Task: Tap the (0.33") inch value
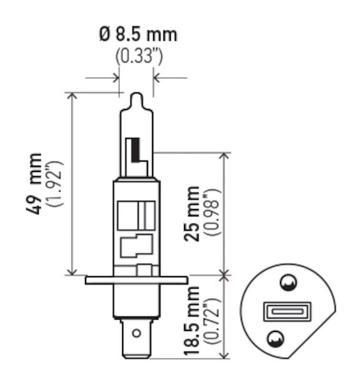138,57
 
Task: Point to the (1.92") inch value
55,184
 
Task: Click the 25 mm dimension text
193,213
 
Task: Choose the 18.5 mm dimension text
193,320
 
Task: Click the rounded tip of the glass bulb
137,97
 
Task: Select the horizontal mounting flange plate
137,280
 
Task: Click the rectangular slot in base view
287,312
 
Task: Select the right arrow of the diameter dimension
157,77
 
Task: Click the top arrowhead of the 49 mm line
72,95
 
